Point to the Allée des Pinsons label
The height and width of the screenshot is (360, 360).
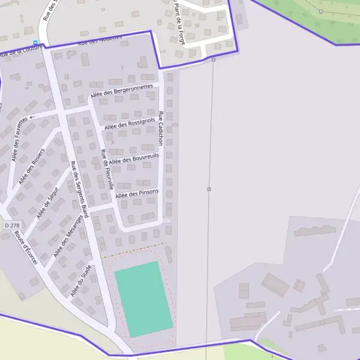tap(137, 193)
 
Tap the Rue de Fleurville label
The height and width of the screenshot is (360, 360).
tap(107, 169)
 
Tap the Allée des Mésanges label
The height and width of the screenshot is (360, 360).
tap(67, 236)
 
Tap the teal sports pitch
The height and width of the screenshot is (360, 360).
tap(143, 299)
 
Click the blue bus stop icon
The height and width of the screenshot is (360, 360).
tap(35, 43)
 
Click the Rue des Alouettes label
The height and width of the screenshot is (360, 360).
tap(100, 40)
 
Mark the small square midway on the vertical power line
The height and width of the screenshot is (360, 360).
tap(209, 190)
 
